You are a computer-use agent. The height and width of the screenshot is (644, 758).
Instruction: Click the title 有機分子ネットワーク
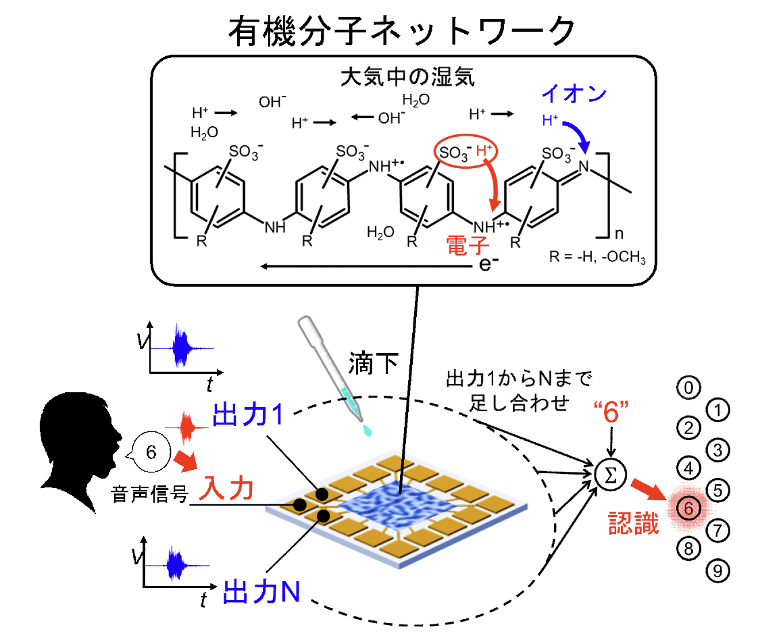tap(401, 30)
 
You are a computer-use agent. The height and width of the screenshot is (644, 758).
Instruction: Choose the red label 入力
tap(228, 488)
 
